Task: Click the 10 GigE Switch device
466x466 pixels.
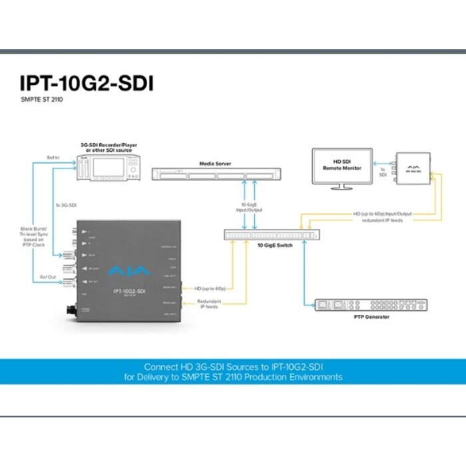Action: coord(270,235)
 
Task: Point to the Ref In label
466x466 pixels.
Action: coord(54,158)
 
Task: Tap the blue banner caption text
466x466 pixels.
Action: coord(233,371)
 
